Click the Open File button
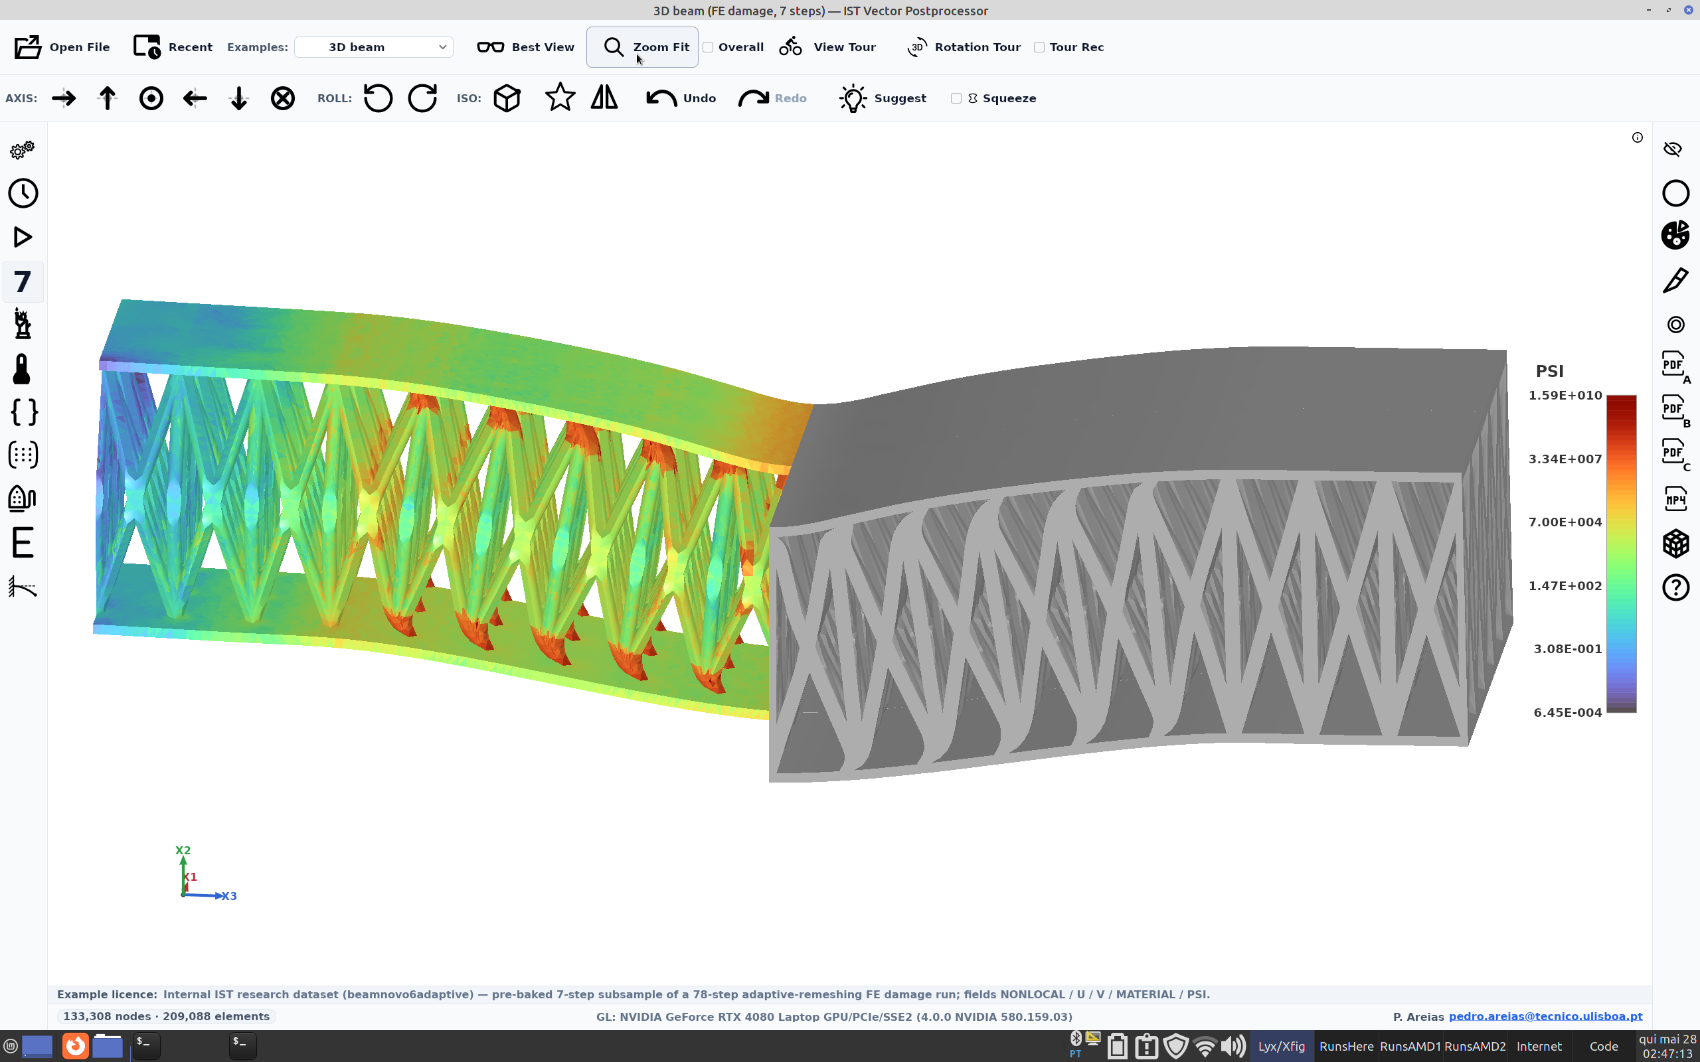(x=62, y=47)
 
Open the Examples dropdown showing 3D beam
(x=374, y=47)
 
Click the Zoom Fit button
(x=642, y=47)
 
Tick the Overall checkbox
(x=708, y=47)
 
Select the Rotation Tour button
(x=963, y=47)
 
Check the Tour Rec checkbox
(x=1039, y=47)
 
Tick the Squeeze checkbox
(x=956, y=98)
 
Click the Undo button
(x=681, y=98)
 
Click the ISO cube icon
(x=507, y=98)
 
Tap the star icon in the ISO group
(x=560, y=97)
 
